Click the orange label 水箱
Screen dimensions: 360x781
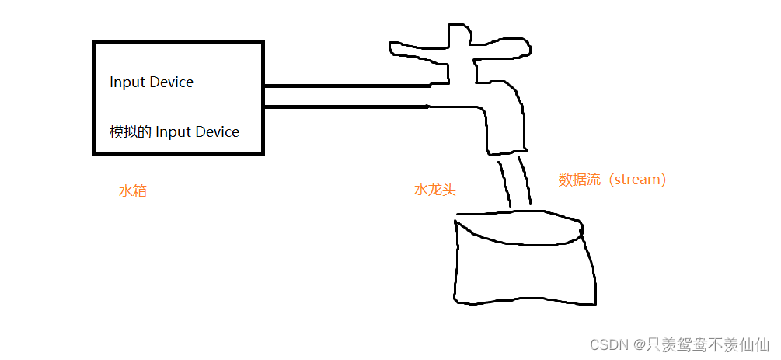pos(132,191)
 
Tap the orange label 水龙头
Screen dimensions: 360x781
pos(434,190)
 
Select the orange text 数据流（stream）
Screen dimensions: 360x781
pos(612,180)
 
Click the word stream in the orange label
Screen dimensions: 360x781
pos(634,180)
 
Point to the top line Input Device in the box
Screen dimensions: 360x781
pos(152,82)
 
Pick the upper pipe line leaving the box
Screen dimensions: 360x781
pos(347,85)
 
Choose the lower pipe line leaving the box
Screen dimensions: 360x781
pos(347,107)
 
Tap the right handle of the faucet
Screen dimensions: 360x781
pos(505,48)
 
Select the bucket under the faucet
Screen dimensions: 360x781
pos(525,264)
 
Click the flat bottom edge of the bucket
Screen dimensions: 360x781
pos(525,302)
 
